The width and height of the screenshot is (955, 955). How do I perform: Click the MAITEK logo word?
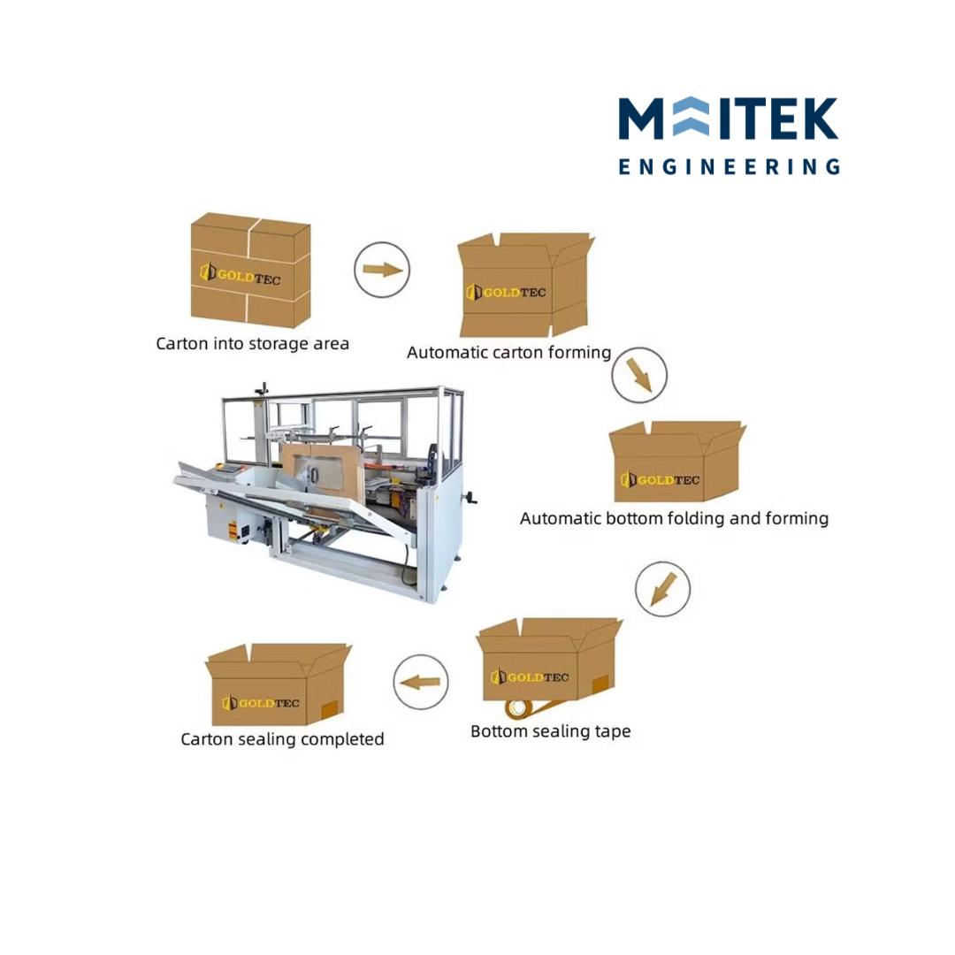(x=729, y=118)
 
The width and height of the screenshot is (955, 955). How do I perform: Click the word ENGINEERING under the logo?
(x=729, y=166)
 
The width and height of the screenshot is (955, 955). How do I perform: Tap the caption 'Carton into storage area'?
(x=252, y=343)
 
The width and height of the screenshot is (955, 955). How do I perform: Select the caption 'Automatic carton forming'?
(x=508, y=352)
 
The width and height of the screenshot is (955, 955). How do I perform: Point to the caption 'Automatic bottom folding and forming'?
(x=674, y=518)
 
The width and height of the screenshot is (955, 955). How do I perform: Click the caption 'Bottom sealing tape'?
(x=551, y=731)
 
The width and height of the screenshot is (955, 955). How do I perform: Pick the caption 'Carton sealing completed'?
(x=282, y=738)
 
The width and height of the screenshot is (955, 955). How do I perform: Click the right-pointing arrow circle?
(x=382, y=270)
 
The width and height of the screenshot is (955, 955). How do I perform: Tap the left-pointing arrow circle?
(x=420, y=682)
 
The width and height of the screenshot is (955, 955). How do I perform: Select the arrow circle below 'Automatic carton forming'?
(x=639, y=375)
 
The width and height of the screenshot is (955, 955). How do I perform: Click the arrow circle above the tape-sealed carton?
(x=662, y=588)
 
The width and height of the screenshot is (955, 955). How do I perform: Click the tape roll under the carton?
(x=517, y=708)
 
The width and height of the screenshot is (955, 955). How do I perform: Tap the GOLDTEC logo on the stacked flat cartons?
(x=240, y=274)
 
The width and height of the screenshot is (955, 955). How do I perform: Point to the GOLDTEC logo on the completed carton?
(x=261, y=703)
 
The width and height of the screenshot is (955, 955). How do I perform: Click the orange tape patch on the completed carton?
(x=329, y=709)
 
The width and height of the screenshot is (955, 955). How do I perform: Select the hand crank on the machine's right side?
(x=470, y=498)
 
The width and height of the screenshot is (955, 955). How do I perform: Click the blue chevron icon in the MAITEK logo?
(x=691, y=117)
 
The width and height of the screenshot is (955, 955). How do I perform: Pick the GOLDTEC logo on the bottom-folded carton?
(x=660, y=480)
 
